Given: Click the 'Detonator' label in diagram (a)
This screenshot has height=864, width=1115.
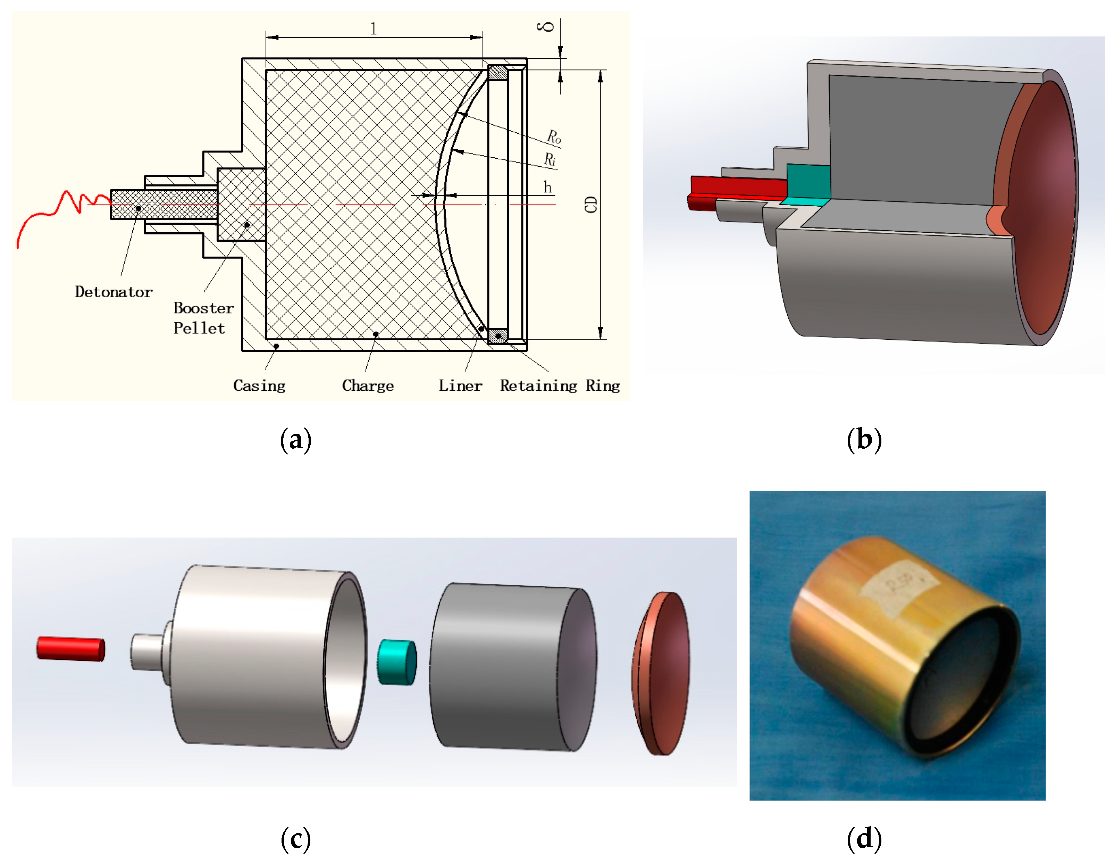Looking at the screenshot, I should (x=113, y=292).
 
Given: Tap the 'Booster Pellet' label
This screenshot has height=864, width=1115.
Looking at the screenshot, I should (x=203, y=318).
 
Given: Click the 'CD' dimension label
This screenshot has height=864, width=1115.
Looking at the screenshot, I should (x=591, y=204).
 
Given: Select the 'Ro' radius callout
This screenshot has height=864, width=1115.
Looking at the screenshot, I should (x=554, y=136).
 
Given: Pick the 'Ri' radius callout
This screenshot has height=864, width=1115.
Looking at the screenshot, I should (x=549, y=159).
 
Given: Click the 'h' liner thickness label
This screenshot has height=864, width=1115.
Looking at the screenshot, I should (x=547, y=188).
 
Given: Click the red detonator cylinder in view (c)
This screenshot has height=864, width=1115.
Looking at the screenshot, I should (x=70, y=648).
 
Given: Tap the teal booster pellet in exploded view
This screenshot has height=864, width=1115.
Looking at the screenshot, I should (x=397, y=662).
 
